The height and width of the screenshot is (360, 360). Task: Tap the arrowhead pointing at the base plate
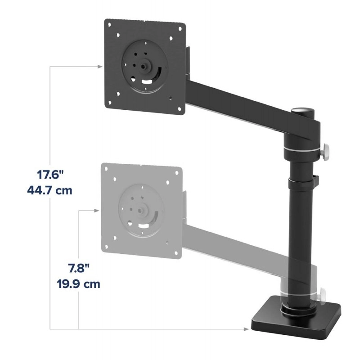(x=246, y=329)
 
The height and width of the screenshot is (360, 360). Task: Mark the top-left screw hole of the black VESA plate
(x=117, y=34)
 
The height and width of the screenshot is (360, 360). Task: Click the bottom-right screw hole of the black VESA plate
(x=171, y=96)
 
